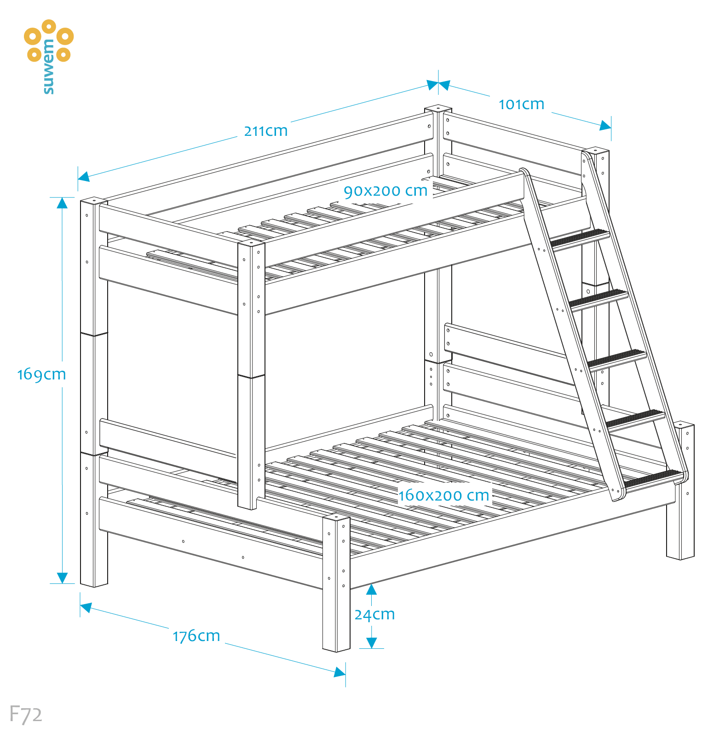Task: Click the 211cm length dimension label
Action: coord(265,131)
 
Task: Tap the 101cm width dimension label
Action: coord(521,105)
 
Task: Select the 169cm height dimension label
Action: coord(41,374)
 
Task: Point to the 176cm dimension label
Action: coord(196,636)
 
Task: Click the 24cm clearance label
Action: coord(374,614)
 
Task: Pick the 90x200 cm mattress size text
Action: coord(386,191)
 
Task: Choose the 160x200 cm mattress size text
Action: coord(443,495)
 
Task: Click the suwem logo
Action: coord(48,55)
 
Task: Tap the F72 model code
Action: coord(26,714)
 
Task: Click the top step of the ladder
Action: coord(580,238)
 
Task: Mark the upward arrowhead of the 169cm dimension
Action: coord(62,203)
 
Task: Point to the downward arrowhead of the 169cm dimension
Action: coord(62,578)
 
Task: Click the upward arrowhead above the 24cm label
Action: coord(371,590)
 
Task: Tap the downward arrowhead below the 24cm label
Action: coord(371,643)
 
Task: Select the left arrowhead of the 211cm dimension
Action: coord(84,176)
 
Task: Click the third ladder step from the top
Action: coord(617,358)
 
